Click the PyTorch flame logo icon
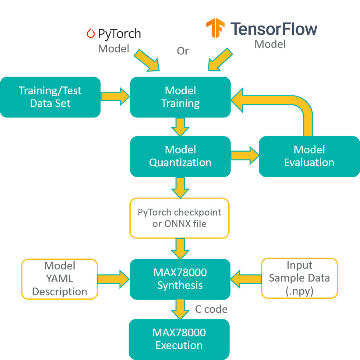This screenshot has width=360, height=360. pos(91,34)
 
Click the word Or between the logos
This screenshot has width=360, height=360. pos(183,51)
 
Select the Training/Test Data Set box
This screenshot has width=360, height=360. pos(50,97)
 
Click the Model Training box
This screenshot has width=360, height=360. pos(180,97)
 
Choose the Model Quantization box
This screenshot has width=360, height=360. pos(180,156)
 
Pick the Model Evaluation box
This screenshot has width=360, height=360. pos(309,156)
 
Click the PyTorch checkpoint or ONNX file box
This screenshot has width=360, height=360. pos(179,218)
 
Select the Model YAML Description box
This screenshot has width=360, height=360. pos(60,279)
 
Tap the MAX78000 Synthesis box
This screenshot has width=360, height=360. pos(180,279)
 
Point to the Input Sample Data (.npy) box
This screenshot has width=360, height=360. pos(299,278)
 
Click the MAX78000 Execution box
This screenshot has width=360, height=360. pos(179,339)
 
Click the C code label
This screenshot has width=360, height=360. pos(211,309)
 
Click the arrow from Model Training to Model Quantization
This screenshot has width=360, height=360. pos(180,127)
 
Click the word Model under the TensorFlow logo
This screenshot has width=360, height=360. pos(270,44)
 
